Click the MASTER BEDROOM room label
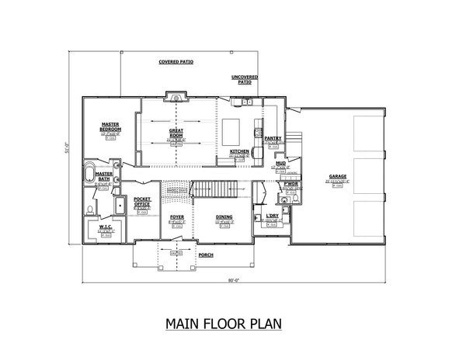(x=109, y=126)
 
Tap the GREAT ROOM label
(x=176, y=133)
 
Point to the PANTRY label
(x=273, y=138)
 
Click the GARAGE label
(x=337, y=176)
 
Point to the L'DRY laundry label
(x=271, y=216)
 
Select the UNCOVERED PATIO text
(x=245, y=80)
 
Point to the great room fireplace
(x=176, y=98)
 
